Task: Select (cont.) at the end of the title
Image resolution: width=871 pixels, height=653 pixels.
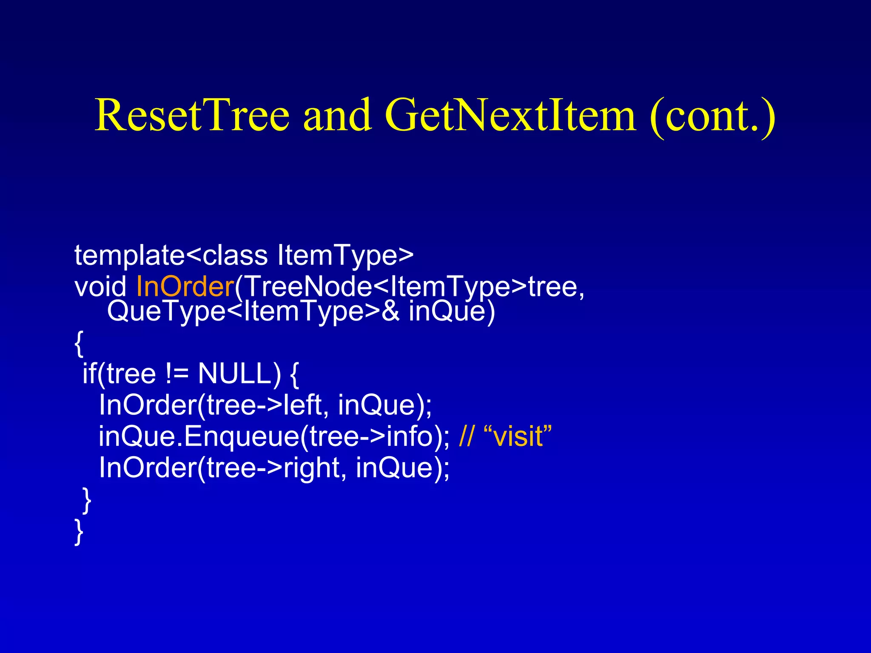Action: click(x=713, y=116)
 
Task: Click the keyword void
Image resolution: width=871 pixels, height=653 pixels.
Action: click(x=100, y=287)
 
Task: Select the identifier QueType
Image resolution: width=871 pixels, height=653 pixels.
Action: click(x=166, y=312)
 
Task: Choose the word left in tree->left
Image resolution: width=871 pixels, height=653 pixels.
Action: click(x=302, y=405)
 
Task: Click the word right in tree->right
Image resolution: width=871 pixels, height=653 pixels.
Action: click(x=312, y=468)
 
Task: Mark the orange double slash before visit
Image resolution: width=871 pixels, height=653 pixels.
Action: click(x=466, y=437)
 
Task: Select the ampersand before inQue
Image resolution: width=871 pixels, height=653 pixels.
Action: click(x=390, y=312)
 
